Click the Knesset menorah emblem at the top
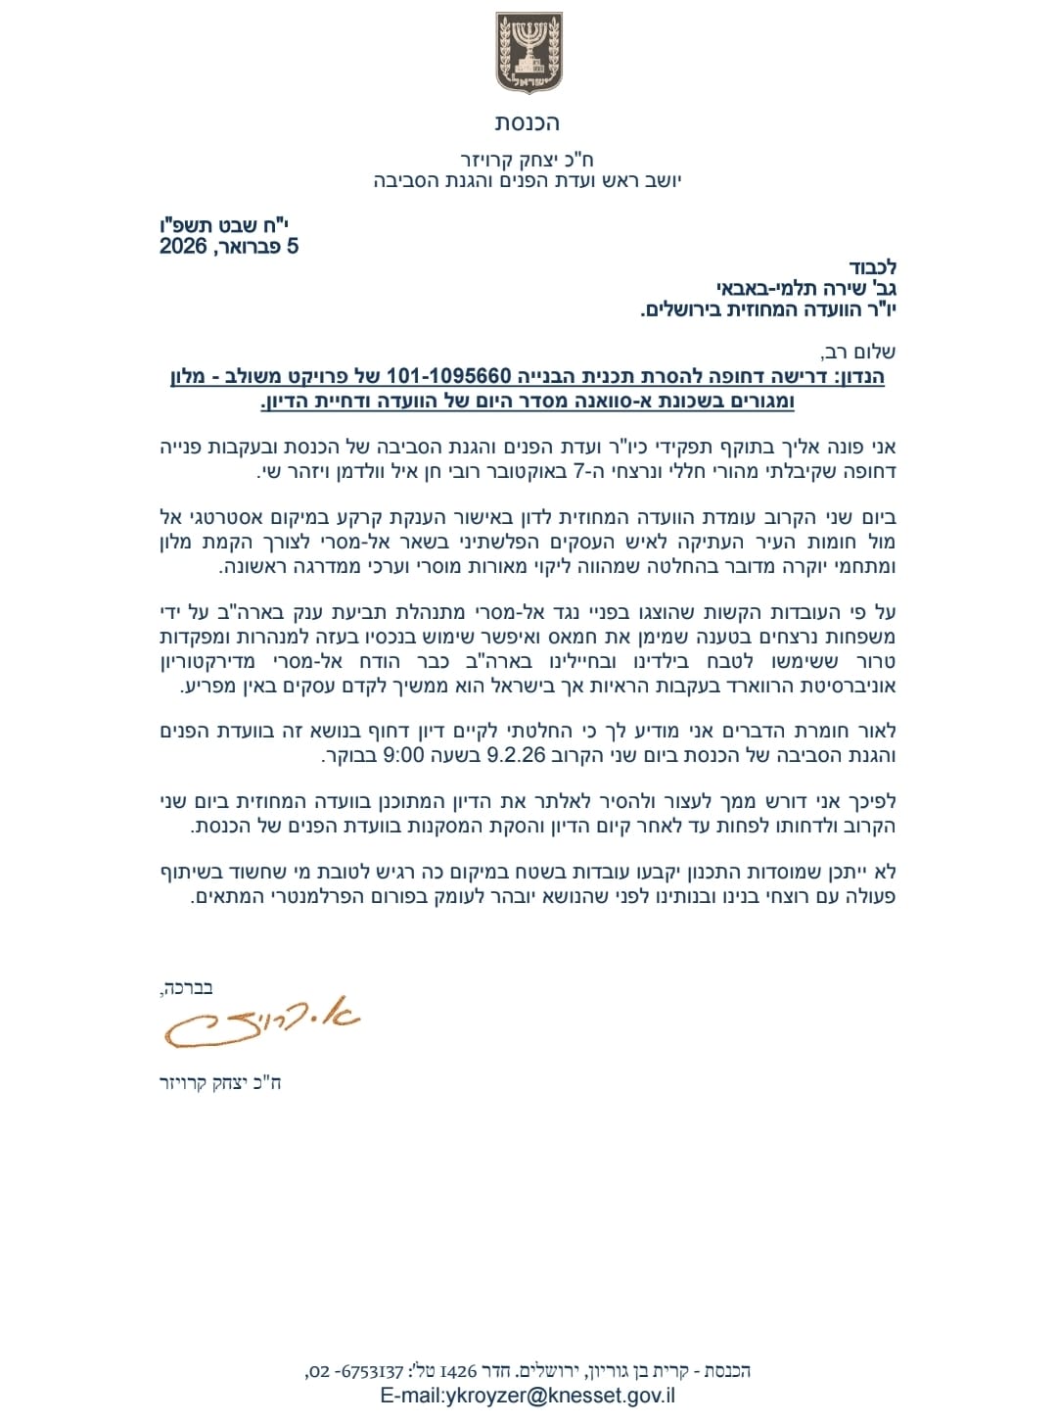pos(528,53)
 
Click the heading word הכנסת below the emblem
pos(528,123)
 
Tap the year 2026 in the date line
pos(183,247)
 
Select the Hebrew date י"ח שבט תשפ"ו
pos(224,225)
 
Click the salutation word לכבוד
pos(873,267)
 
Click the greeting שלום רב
pos(859,352)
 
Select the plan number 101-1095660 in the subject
pos(448,377)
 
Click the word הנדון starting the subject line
pos(860,377)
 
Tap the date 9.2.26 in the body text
pos(516,756)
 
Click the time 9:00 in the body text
pos(403,756)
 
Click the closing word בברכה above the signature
pos(186,987)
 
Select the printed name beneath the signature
pos(220,1083)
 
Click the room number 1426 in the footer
pos(465,1371)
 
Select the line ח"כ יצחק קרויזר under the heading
pos(528,160)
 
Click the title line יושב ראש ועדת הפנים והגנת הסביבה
pos(528,181)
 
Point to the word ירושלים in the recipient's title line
pos(684,310)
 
